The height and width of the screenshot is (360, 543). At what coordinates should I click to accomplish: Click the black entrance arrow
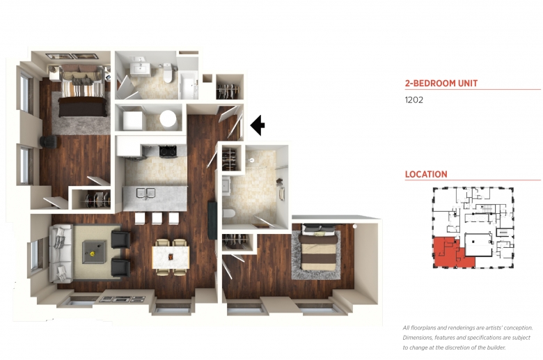pyautogui.click(x=258, y=125)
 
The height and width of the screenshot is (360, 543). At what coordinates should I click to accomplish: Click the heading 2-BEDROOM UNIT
pyautogui.click(x=441, y=83)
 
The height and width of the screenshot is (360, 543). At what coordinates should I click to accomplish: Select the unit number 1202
pyautogui.click(x=414, y=100)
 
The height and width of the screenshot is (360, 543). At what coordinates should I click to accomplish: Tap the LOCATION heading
pyautogui.click(x=426, y=174)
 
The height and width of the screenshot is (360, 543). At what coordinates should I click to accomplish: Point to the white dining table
pyautogui.click(x=171, y=257)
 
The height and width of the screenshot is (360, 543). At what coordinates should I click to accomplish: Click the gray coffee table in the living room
pyautogui.click(x=94, y=252)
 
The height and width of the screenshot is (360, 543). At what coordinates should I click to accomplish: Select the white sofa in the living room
pyautogui.click(x=61, y=253)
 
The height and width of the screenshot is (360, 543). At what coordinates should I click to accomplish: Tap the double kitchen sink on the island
pyautogui.click(x=145, y=194)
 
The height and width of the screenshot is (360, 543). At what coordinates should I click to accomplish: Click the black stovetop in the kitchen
pyautogui.click(x=168, y=151)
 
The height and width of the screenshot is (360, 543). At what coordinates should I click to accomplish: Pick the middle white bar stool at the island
pyautogui.click(x=157, y=218)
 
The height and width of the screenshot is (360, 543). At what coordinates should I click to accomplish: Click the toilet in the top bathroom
pyautogui.click(x=168, y=72)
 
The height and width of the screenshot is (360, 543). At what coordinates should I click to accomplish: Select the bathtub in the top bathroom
pyautogui.click(x=188, y=85)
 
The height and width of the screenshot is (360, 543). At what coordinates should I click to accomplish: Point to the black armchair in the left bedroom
pyautogui.click(x=49, y=141)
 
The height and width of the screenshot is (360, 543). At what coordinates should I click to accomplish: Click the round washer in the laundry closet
pyautogui.click(x=168, y=118)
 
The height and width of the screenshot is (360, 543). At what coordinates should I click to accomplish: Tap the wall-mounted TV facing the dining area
pyautogui.click(x=212, y=219)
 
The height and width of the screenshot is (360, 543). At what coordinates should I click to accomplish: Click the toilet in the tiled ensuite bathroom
pyautogui.click(x=229, y=214)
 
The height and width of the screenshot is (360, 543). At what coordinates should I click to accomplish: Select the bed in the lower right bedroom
pyautogui.click(x=319, y=249)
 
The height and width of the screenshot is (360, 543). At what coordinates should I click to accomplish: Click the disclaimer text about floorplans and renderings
pyautogui.click(x=468, y=338)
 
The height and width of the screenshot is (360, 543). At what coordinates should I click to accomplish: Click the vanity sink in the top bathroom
pyautogui.click(x=140, y=69)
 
